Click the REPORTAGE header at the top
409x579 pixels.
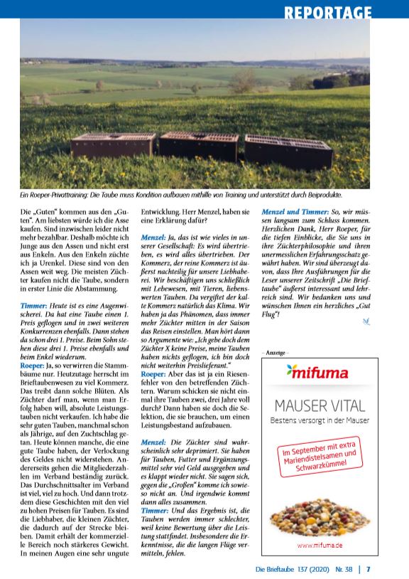327,12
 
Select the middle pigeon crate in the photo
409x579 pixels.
198,144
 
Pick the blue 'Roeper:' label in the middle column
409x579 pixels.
154,373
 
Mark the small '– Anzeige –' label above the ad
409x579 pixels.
276,352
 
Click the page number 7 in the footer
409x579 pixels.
369,569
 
